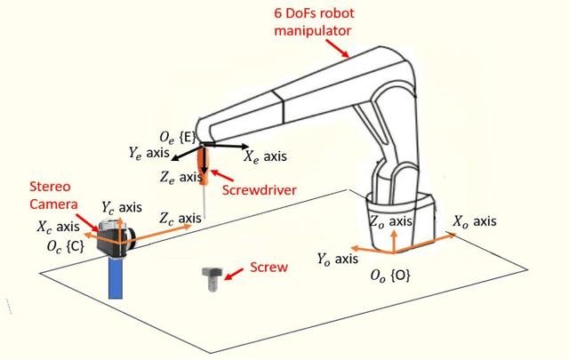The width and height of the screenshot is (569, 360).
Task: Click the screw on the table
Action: pos(212,279)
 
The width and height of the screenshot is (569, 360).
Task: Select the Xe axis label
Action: pos(266,156)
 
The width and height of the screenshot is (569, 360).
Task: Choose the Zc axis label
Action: pos(179,219)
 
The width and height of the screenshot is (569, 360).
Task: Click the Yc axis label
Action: pos(122,207)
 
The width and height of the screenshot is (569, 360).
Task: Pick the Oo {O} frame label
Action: pos(390,276)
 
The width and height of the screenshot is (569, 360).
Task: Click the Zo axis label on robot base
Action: pos(390,222)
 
